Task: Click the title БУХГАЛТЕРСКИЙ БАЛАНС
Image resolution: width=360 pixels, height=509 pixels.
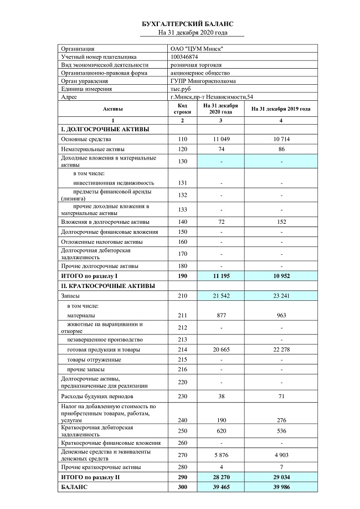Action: [188, 24]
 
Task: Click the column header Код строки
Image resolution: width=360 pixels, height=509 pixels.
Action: [183, 109]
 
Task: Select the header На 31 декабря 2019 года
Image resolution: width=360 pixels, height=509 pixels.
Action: [281, 109]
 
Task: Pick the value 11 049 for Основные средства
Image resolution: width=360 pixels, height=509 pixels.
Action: [221, 138]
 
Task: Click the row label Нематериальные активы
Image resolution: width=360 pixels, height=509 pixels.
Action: [92, 149]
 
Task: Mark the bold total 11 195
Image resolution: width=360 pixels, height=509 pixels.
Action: [221, 275]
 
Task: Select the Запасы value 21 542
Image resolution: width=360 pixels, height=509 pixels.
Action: [221, 296]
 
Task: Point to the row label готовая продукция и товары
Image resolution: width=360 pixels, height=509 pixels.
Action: [103, 349]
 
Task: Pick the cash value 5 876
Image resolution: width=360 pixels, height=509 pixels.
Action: [221, 455]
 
